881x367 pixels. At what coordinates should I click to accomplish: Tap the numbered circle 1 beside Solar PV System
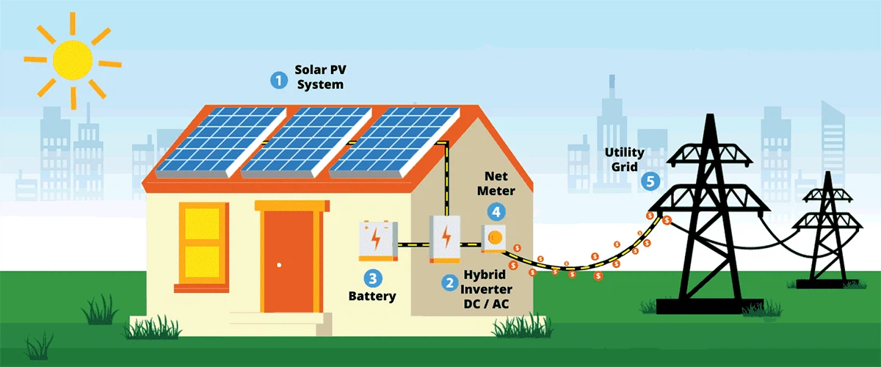(x=278, y=79)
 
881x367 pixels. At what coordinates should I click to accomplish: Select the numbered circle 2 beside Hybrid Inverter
(x=447, y=282)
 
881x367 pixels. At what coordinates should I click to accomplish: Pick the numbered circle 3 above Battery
(x=373, y=278)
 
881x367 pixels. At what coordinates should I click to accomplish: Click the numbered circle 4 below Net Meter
(x=497, y=211)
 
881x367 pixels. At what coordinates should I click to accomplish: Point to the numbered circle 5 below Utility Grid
(x=649, y=181)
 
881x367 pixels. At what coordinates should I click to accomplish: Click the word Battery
(x=371, y=297)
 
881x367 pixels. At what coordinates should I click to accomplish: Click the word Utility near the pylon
(x=623, y=152)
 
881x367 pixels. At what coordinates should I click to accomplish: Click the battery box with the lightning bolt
(x=377, y=241)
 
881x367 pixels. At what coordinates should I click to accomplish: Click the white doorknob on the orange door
(x=279, y=264)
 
